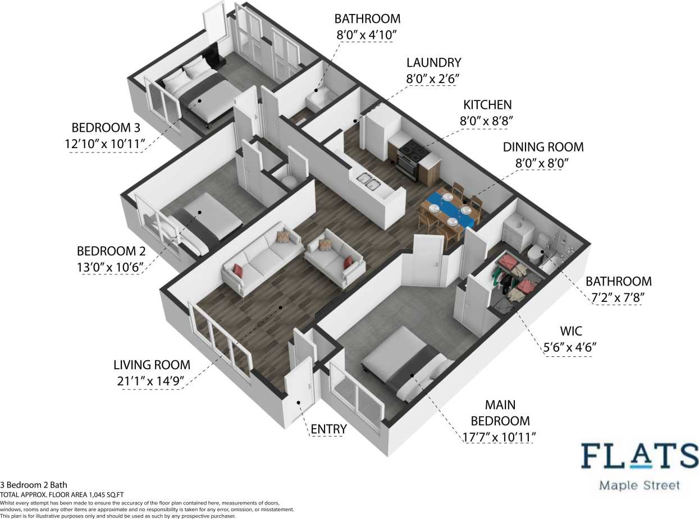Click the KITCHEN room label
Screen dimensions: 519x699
pyautogui.click(x=487, y=105)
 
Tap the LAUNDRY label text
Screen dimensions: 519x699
pyautogui.click(x=433, y=63)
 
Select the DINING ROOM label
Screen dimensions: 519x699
pyautogui.click(x=543, y=147)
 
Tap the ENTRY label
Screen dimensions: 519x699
pyautogui.click(x=328, y=429)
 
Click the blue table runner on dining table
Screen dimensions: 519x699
pyautogui.click(x=450, y=208)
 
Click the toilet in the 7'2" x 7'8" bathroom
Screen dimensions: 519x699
pyautogui.click(x=534, y=254)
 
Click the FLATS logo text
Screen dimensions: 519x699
pyautogui.click(x=639, y=457)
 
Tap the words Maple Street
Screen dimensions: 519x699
pyautogui.click(x=639, y=485)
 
